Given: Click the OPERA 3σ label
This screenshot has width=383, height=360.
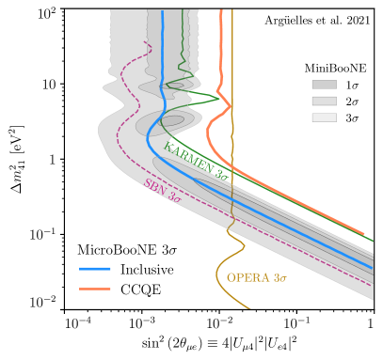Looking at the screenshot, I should coord(256,278).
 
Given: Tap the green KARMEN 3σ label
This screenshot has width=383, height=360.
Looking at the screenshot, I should coord(196,160).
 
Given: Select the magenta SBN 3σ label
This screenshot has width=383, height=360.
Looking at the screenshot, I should coord(162,191).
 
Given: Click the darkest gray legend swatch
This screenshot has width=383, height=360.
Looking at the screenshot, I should coord(324,85).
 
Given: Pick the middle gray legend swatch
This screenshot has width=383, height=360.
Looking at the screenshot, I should coord(324,101).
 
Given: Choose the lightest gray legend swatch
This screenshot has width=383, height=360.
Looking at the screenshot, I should coord(324,117).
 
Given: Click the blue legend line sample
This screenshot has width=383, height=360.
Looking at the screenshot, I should coord(95,269).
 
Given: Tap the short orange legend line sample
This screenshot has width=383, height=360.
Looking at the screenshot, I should coord(95,289).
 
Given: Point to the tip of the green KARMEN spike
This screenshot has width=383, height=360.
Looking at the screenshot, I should coord(219,97).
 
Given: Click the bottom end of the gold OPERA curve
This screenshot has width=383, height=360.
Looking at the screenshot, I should coord(250,307).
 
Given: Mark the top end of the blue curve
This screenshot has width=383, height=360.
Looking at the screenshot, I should coord(162,11).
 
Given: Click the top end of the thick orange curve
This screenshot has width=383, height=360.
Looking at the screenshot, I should coord(222,11).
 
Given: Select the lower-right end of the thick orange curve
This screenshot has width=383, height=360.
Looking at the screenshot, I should coord(363,233).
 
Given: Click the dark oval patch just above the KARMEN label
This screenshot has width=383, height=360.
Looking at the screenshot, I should coord(170,121).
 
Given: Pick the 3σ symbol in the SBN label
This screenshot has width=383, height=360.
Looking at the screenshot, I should coord(174,197).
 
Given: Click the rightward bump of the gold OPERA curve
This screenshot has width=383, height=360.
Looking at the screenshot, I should coord(244,247).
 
